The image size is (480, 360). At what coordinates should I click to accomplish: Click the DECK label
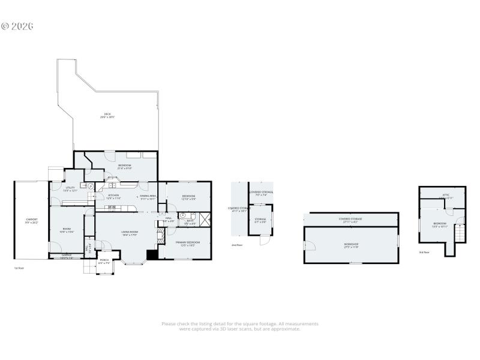107,115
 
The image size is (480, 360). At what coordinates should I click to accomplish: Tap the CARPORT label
31,221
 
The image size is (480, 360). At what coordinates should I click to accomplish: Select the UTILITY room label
70,189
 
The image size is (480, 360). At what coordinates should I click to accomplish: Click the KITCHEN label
113,196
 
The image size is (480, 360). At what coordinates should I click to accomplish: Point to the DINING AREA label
148,196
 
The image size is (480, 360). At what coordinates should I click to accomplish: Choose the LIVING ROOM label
130,233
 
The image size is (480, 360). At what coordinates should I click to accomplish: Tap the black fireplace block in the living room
152,255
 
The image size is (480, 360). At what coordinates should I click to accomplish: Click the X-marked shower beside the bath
204,219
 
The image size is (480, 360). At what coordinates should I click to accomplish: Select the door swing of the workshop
308,245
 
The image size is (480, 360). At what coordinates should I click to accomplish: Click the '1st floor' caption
20,268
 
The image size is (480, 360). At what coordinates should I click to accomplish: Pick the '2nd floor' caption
238,245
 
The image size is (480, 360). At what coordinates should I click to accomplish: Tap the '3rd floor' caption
425,252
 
